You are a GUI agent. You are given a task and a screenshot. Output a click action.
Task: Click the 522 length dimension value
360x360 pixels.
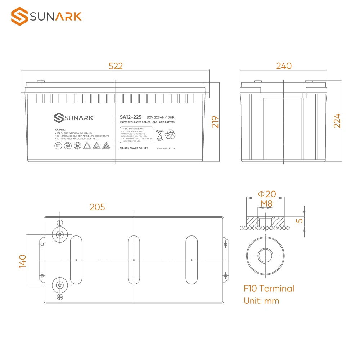[x=116, y=66]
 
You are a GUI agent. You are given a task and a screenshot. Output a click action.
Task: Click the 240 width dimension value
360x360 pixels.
[x=284, y=66]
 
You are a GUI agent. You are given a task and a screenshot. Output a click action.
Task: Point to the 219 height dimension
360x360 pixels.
[x=215, y=122]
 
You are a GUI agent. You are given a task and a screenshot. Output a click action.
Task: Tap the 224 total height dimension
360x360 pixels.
[x=337, y=121]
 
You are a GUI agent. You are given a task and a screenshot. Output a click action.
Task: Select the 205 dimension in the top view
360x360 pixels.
[x=97, y=207]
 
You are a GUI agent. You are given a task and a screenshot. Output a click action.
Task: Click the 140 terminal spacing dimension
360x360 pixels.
[x=22, y=261]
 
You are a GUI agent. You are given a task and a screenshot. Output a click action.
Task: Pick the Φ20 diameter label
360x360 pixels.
[x=267, y=194]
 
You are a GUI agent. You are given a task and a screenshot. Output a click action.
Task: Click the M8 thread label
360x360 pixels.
[x=266, y=204]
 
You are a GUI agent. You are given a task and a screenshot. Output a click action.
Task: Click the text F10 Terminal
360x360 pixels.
[x=269, y=288]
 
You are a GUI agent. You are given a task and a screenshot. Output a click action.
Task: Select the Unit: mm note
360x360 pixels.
[x=261, y=301]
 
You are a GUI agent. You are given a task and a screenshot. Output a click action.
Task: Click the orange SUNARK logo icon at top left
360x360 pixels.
[x=19, y=17]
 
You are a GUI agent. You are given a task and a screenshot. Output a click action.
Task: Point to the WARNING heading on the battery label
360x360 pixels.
[x=60, y=129]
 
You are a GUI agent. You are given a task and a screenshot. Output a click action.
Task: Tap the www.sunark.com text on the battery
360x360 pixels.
[x=166, y=148]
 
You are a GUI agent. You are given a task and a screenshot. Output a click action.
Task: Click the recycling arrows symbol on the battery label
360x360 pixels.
[x=170, y=135]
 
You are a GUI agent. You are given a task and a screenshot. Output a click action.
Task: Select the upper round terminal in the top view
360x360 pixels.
[x=60, y=235]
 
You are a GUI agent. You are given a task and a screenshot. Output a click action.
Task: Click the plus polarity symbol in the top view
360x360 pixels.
[x=60, y=297]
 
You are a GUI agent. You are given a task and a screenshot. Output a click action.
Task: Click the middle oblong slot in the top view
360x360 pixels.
[x=134, y=259]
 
